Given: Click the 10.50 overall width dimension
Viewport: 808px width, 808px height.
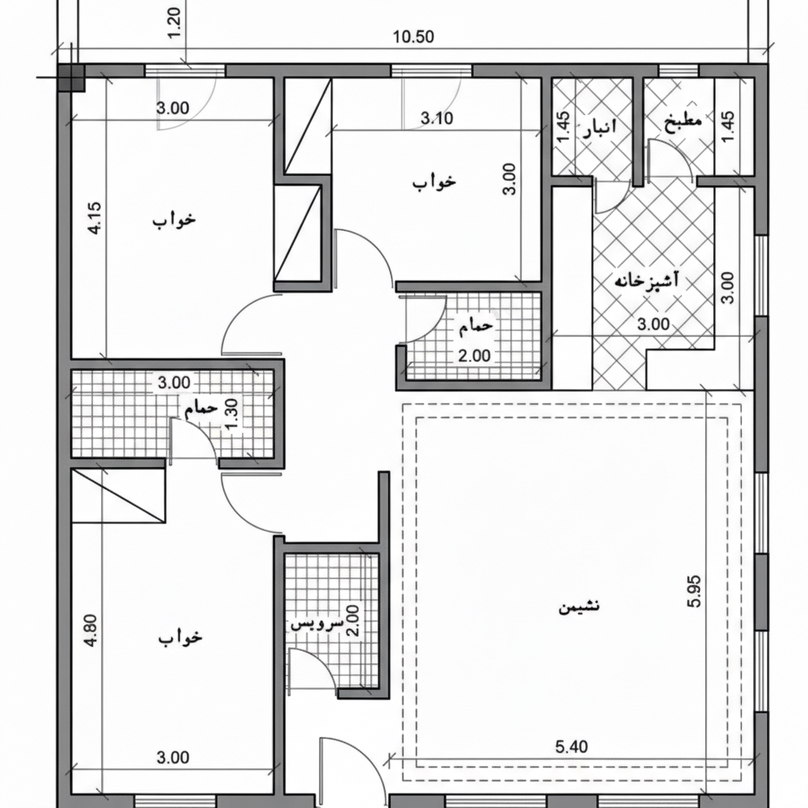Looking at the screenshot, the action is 413,37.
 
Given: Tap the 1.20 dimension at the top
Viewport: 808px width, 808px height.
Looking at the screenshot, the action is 174,22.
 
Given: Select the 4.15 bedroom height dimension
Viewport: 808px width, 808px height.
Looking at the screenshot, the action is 95,218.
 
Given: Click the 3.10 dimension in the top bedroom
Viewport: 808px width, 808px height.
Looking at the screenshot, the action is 437,118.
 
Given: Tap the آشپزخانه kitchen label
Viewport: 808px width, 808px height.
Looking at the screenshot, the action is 646,280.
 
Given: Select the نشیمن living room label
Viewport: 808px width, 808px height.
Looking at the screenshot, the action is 578,606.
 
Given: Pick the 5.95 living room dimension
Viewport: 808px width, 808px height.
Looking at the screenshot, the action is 694,591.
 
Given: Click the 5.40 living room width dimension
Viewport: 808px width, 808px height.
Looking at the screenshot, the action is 571,746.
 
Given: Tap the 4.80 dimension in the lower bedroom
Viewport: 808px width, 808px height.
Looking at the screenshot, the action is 91,630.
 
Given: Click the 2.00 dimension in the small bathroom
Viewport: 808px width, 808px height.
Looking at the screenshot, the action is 474,356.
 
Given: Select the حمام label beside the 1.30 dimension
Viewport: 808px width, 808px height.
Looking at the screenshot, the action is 201,408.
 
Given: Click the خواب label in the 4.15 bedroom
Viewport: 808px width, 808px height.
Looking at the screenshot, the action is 174,219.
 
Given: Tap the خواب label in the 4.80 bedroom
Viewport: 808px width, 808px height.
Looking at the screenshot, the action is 180,638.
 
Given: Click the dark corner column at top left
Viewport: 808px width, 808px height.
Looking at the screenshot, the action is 70,78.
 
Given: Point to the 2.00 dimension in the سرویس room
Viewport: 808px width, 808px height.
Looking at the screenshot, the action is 353,620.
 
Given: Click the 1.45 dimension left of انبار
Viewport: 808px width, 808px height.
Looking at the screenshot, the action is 564,127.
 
